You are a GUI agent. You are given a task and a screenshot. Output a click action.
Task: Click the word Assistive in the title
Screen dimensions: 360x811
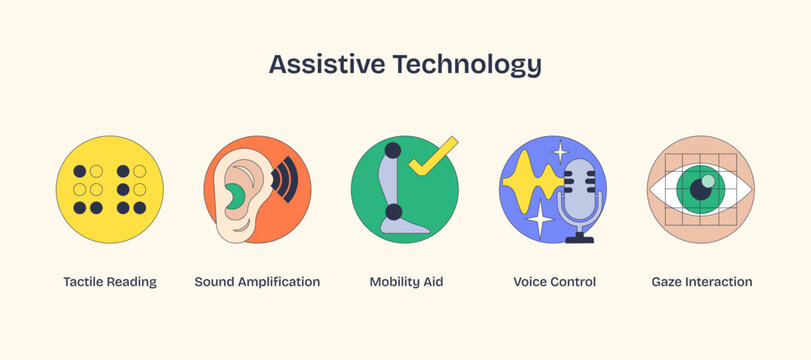point(325,64)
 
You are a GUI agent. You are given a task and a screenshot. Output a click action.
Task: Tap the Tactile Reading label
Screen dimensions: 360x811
point(110,282)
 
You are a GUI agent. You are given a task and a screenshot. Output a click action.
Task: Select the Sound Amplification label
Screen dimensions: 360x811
point(257,282)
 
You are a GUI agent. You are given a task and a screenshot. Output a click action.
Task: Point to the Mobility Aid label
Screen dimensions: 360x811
point(406,282)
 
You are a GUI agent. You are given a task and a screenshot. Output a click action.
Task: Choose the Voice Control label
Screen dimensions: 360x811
point(554,282)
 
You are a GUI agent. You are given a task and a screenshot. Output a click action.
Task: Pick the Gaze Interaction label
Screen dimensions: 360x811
point(701,282)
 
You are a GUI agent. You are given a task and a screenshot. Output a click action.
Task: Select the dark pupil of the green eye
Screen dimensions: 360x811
point(701,189)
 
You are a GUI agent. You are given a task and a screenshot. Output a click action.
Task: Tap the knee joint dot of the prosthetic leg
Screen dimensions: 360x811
point(394,211)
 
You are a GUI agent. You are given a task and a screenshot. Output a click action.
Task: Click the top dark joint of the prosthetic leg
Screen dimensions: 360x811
point(393,151)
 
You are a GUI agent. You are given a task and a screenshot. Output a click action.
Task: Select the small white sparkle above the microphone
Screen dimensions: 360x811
point(560,152)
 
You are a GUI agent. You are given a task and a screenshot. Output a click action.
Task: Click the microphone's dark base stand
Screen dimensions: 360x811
point(579,239)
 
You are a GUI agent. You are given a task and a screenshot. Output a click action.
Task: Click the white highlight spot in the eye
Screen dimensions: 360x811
point(709,181)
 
